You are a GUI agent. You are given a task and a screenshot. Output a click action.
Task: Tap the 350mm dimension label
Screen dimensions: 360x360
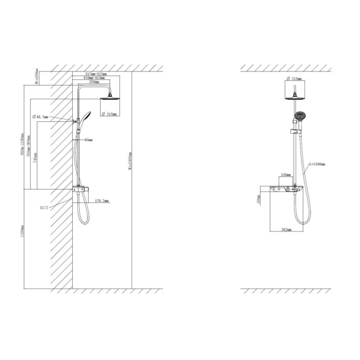(94, 82)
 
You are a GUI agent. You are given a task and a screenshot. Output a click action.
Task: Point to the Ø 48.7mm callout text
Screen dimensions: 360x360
(41, 117)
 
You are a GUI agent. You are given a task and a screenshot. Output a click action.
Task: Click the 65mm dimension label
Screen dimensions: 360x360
(88, 140)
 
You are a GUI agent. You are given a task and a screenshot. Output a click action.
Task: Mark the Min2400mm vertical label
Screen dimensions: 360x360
(130, 161)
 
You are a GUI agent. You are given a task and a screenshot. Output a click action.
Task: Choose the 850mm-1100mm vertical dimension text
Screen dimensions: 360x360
(22, 145)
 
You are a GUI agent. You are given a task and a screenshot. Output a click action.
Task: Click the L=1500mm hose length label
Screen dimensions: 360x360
(317, 164)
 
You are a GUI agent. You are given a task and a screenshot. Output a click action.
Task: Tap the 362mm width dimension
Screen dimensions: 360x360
(287, 230)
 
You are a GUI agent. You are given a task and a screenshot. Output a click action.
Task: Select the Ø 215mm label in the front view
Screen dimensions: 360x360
(294, 79)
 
